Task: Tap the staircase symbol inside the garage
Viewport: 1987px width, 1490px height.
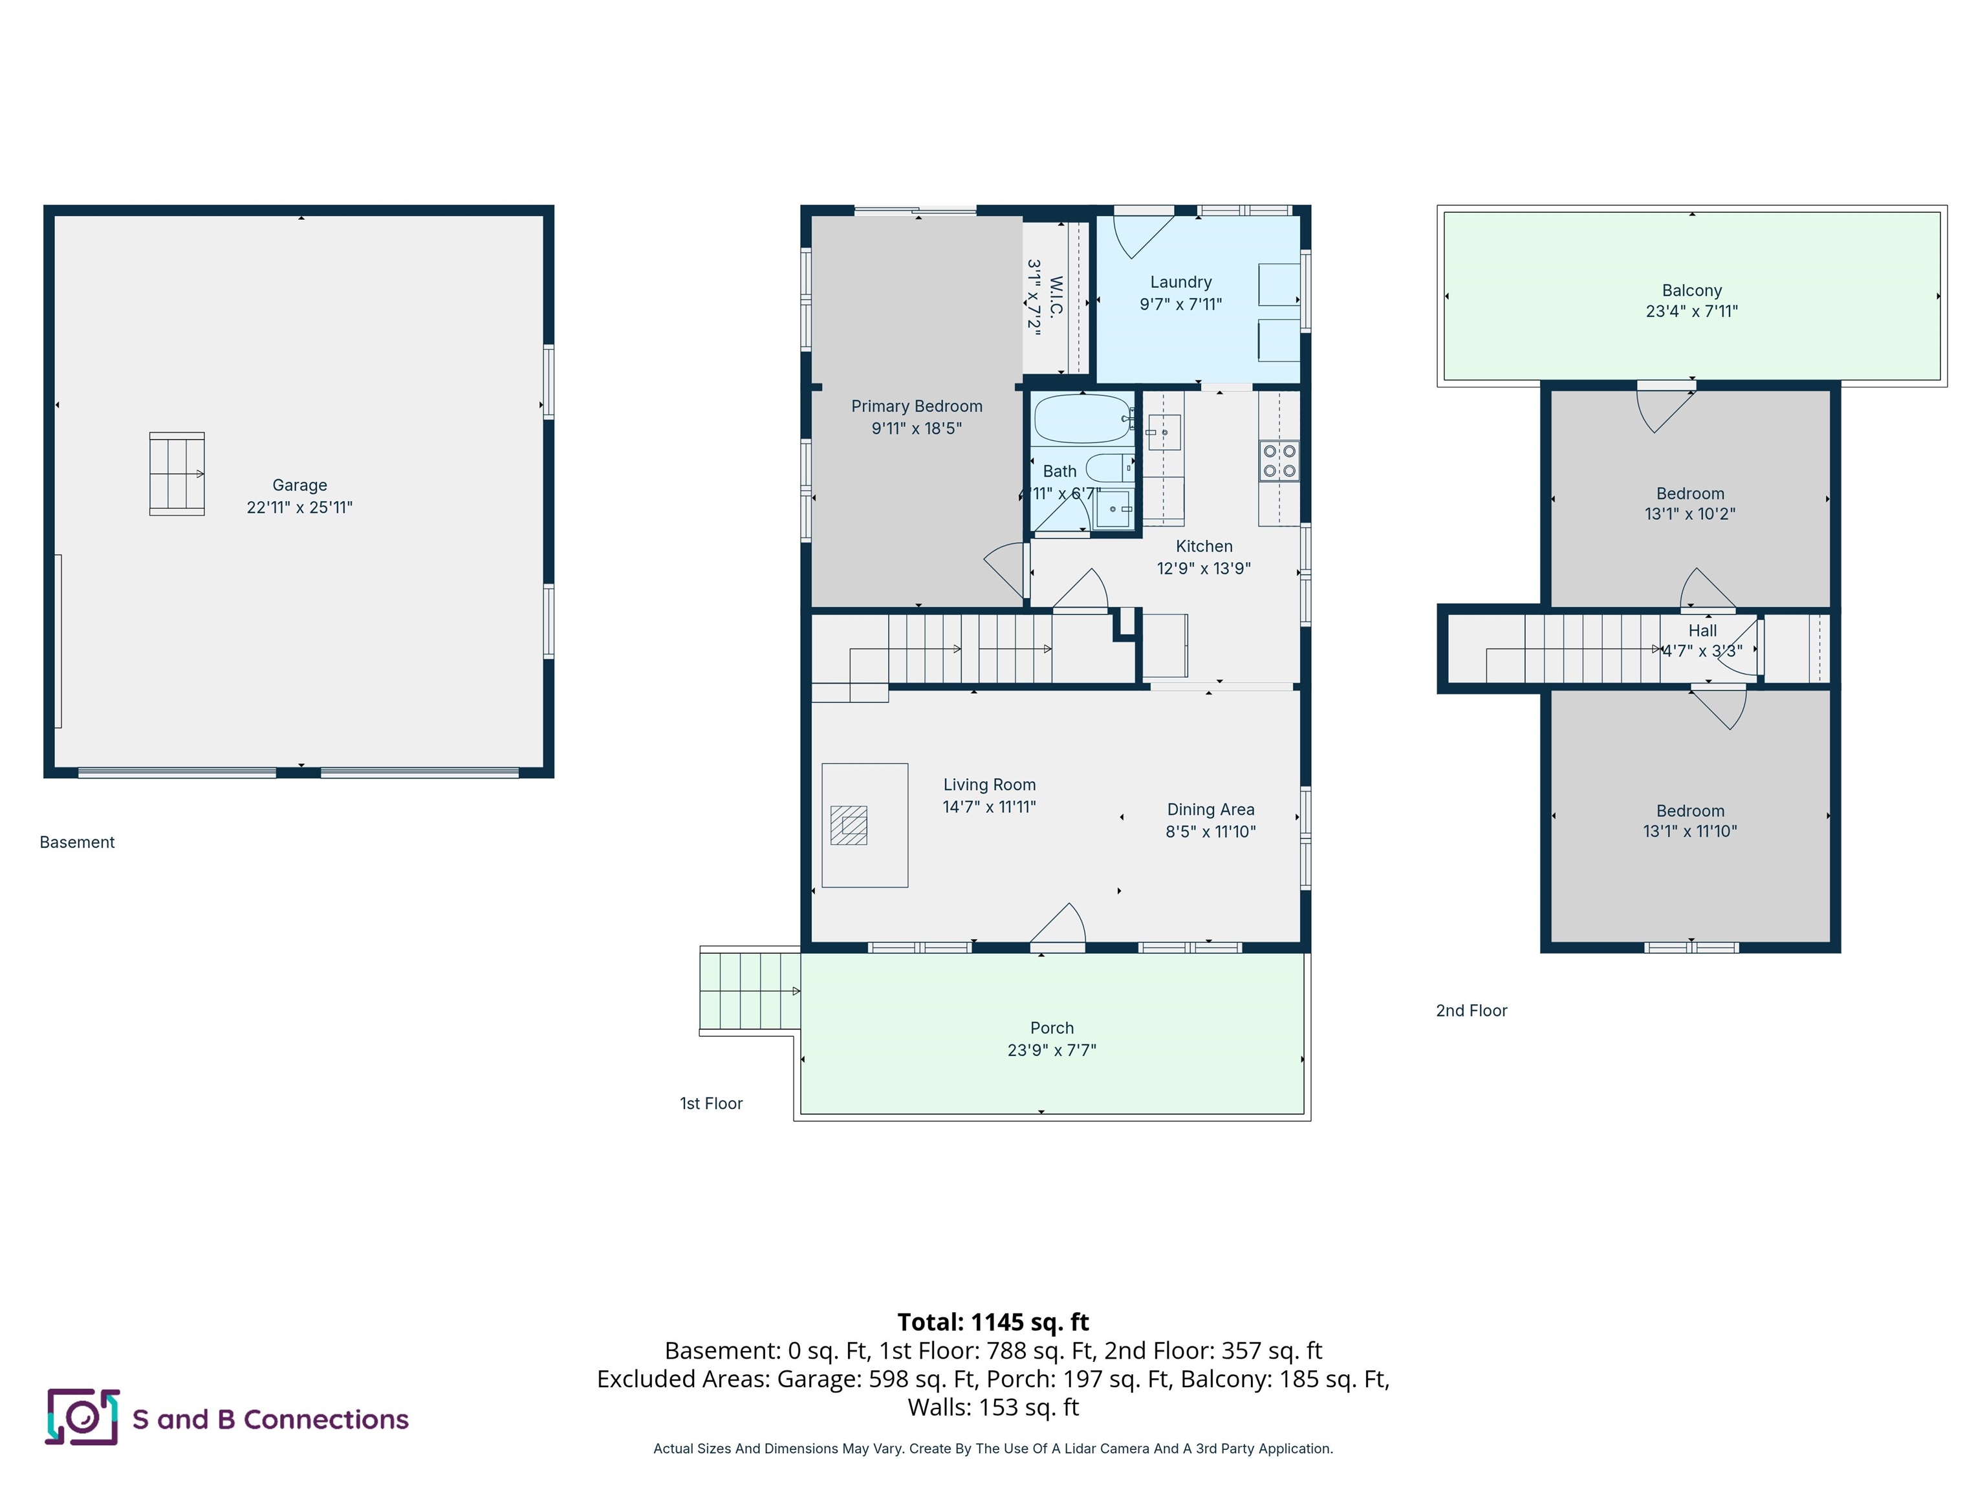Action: click(177, 473)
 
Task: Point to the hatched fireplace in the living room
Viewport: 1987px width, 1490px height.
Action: click(848, 825)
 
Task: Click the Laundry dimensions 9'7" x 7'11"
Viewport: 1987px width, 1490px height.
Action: click(1180, 305)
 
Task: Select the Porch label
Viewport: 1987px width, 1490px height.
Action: click(1051, 1028)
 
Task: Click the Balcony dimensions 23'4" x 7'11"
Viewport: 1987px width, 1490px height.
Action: click(1691, 312)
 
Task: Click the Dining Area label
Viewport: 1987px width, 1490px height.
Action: click(1210, 809)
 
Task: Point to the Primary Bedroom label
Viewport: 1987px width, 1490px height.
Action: click(917, 406)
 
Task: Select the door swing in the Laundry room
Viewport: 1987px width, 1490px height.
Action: click(1139, 235)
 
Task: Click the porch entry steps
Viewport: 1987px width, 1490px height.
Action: click(749, 991)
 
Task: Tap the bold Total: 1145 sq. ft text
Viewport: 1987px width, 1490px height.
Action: click(993, 1322)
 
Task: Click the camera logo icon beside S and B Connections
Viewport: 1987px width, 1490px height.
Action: click(81, 1418)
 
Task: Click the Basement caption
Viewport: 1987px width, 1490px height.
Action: click(77, 843)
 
